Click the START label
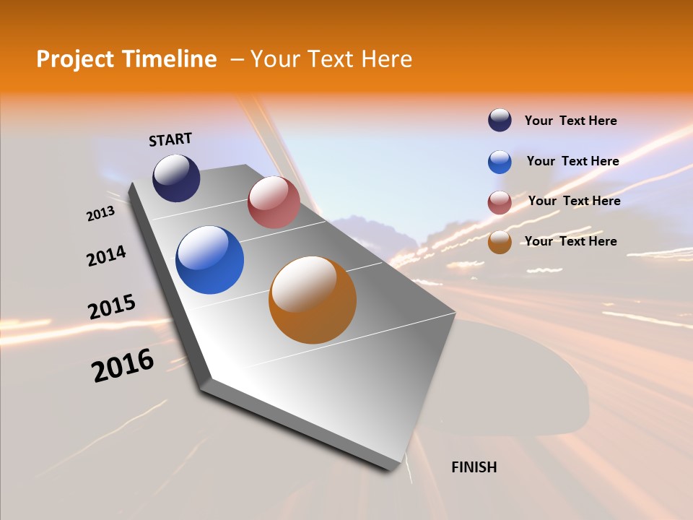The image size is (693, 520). tap(170, 139)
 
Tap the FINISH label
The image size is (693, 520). tap(474, 467)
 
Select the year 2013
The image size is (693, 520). tap(100, 214)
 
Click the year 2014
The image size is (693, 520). tap(106, 256)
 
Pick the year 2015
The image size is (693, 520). tap(112, 307)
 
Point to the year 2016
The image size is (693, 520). tap(123, 365)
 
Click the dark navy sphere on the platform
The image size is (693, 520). tap(176, 178)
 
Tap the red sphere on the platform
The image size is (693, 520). tap(274, 202)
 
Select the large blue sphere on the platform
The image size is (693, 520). tap(209, 260)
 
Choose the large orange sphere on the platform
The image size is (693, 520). tap(313, 300)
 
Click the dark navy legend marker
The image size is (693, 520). tap(500, 121)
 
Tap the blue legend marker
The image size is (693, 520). tap(500, 162)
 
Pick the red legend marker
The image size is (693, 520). tap(500, 202)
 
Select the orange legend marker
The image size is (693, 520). tap(500, 242)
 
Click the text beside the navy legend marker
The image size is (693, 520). tap(570, 121)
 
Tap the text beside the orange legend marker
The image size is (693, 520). tap(570, 241)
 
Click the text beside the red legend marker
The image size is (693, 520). tap(574, 201)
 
